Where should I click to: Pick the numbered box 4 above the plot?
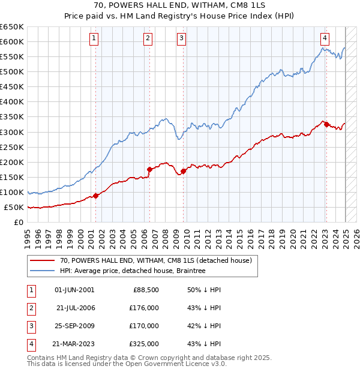pos(325,37)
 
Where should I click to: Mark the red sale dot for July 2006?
pos(149,169)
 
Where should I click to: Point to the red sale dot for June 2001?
pos(96,196)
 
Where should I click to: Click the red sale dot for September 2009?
pos(183,171)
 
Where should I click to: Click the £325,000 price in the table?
pos(145,344)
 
